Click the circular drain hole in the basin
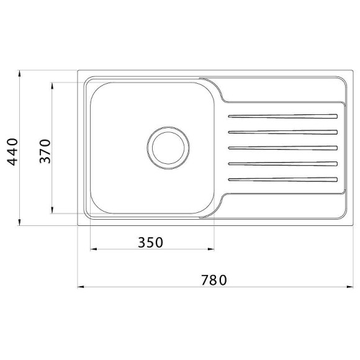167,147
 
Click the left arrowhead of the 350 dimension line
94,250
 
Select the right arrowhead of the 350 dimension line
212,250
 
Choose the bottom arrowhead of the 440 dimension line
19,222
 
